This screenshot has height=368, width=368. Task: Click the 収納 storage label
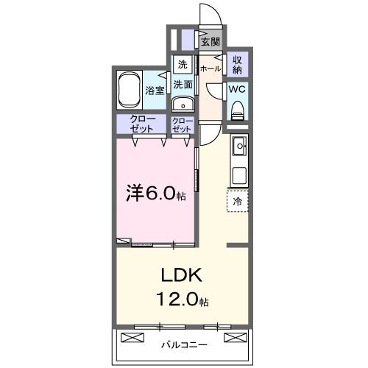[238, 64]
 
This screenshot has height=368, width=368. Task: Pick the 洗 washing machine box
[182, 63]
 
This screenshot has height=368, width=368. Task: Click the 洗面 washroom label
[183, 85]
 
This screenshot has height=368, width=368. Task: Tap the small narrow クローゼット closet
[182, 124]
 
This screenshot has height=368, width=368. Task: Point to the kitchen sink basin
[240, 149]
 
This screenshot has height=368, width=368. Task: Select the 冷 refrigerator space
[238, 200]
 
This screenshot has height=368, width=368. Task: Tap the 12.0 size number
[179, 301]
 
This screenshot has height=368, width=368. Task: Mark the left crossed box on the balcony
[131, 338]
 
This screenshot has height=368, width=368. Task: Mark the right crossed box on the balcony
[234, 338]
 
